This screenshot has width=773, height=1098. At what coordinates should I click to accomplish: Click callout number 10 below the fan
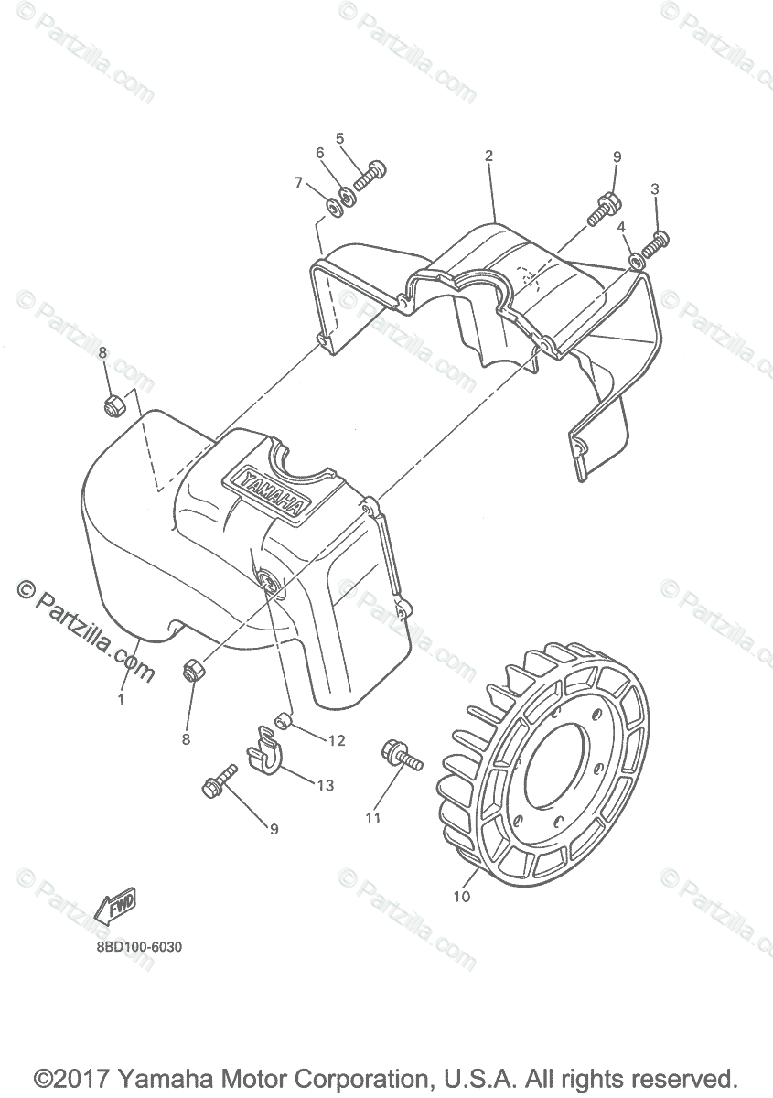[461, 897]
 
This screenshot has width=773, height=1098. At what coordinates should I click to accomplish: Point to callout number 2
[488, 156]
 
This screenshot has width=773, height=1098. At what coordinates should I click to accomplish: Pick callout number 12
[337, 740]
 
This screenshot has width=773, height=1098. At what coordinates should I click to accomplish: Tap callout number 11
[372, 818]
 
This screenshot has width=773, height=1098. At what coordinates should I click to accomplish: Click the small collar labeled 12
[284, 721]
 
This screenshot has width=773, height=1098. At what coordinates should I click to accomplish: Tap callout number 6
[320, 153]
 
